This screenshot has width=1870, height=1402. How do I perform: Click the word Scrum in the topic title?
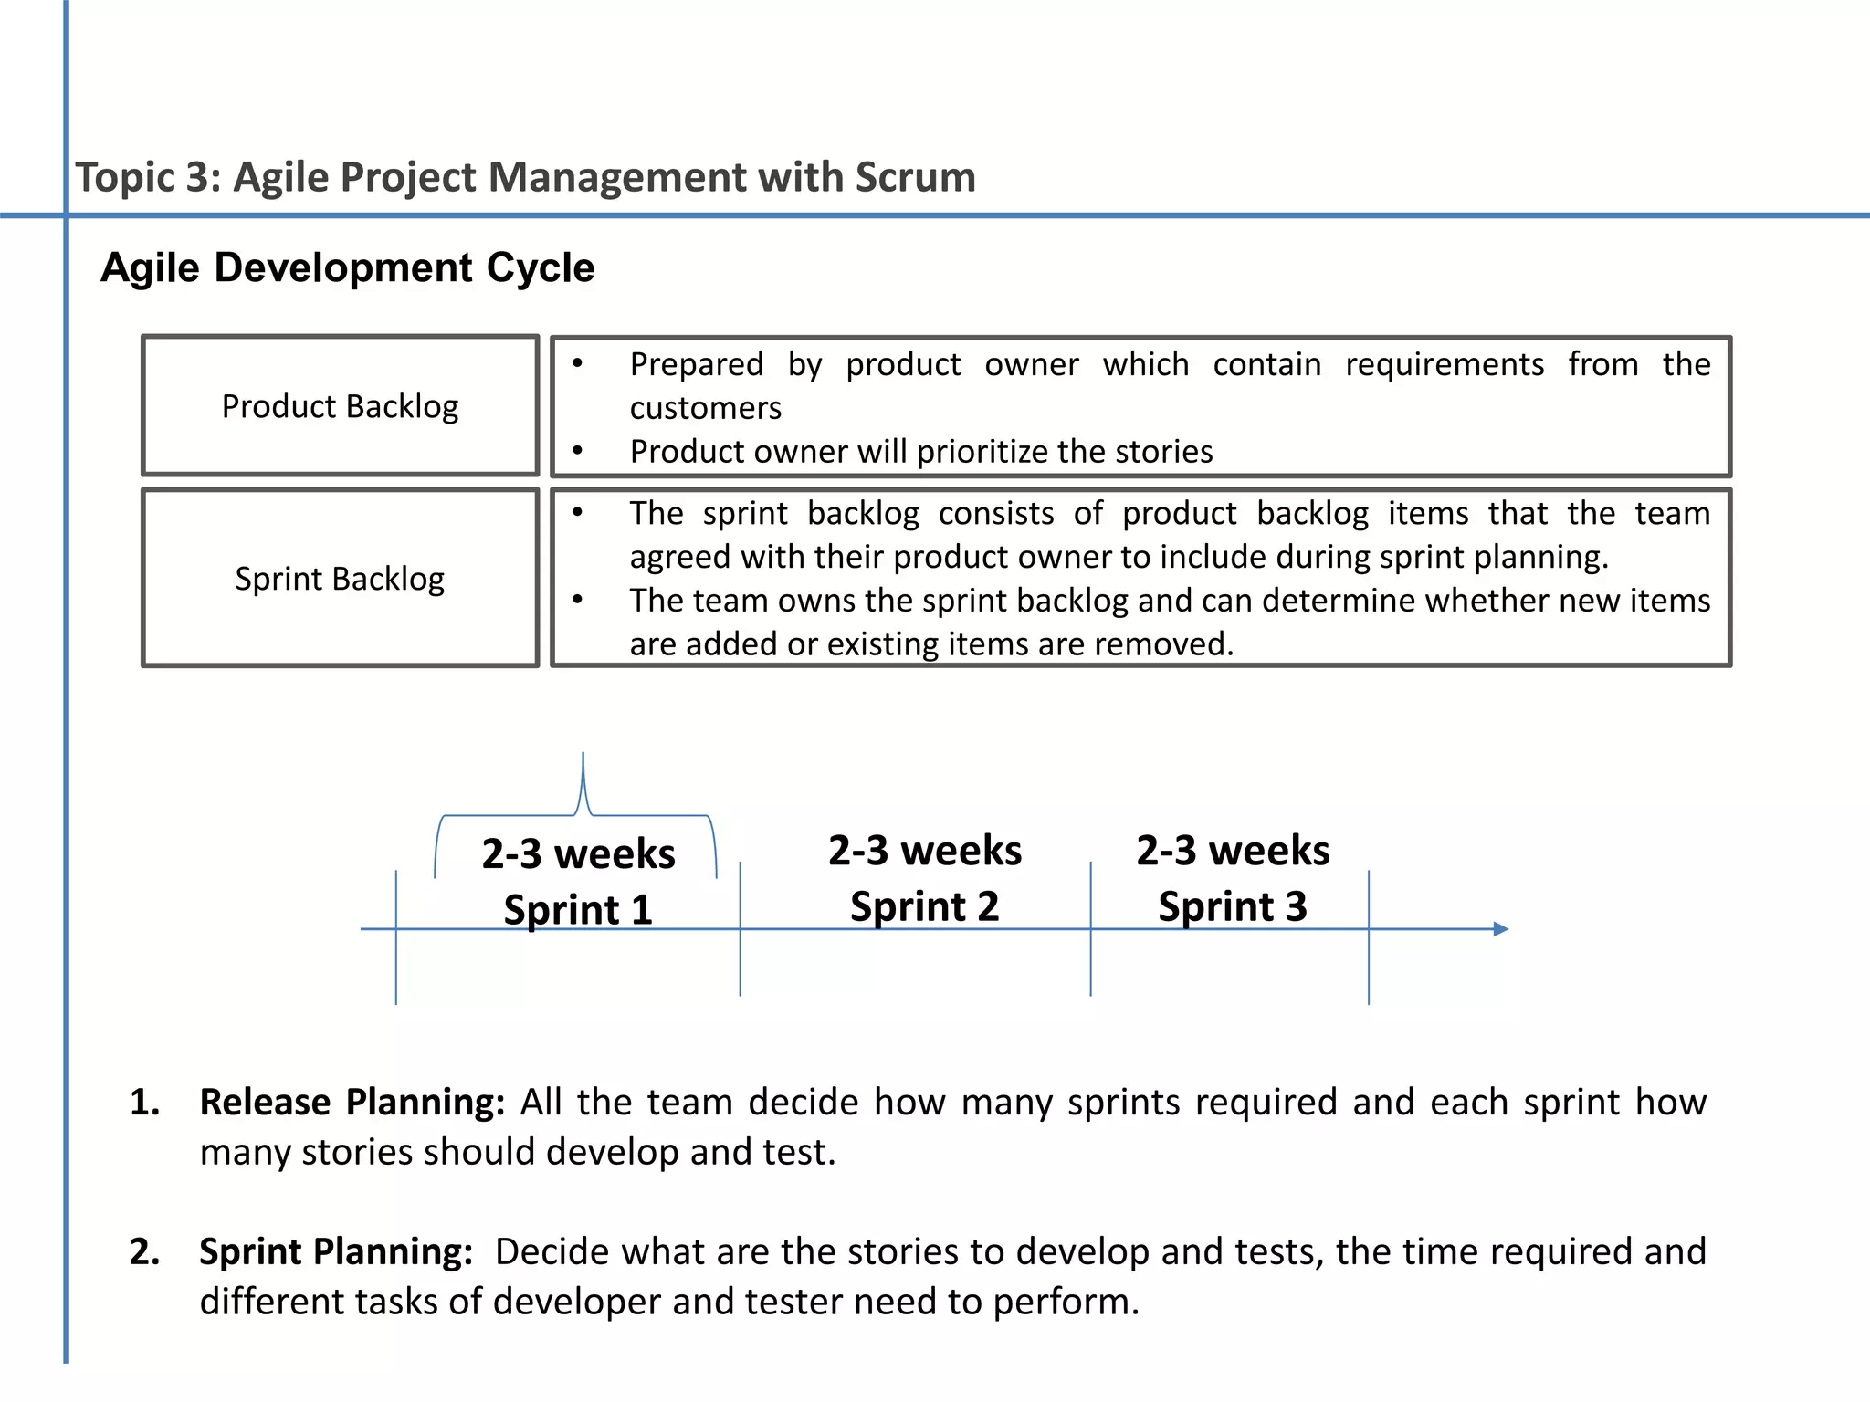[915, 177]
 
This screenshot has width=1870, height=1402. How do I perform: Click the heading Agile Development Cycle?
[347, 268]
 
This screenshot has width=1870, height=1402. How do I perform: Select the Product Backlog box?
[340, 406]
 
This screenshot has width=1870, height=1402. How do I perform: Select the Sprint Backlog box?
[340, 579]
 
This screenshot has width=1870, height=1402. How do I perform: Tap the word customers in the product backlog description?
[705, 408]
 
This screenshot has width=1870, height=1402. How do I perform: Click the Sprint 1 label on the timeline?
[578, 909]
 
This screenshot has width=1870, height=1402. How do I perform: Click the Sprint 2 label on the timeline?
[924, 906]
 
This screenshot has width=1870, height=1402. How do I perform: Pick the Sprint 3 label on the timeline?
[1233, 906]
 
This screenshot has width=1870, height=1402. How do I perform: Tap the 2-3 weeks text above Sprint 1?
[578, 854]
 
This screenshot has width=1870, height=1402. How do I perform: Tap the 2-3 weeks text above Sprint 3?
[1233, 851]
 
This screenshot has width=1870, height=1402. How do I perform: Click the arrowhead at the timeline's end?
[1500, 929]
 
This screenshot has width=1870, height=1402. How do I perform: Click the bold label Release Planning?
[352, 1103]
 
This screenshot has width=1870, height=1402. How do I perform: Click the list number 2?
[143, 1251]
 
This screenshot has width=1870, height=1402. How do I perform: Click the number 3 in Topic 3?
[196, 177]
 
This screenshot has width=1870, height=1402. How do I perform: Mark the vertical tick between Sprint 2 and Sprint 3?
[1090, 929]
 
